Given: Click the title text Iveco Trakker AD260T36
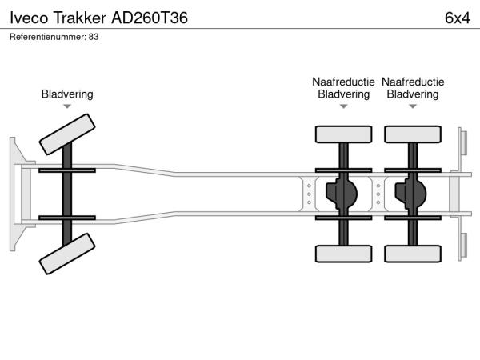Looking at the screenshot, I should click(99, 18).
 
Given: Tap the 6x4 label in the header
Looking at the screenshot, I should click(457, 18).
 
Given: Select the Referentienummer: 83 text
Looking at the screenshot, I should click(54, 37).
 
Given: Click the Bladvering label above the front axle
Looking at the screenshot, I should click(67, 94).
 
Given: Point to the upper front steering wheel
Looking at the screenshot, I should click(67, 133).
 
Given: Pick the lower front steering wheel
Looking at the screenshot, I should click(67, 258).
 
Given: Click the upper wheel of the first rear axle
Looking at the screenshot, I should click(343, 134).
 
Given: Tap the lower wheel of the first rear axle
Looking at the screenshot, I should click(343, 254).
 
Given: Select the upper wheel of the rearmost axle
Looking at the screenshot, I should click(412, 134).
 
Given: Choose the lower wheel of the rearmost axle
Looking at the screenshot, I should click(412, 254).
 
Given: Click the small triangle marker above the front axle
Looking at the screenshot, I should click(67, 106).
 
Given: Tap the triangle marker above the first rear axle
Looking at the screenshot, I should click(343, 106).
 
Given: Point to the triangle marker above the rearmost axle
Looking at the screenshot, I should click(412, 106).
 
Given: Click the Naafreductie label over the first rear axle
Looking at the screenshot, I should click(343, 82).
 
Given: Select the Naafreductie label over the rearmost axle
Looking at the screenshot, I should click(413, 82).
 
